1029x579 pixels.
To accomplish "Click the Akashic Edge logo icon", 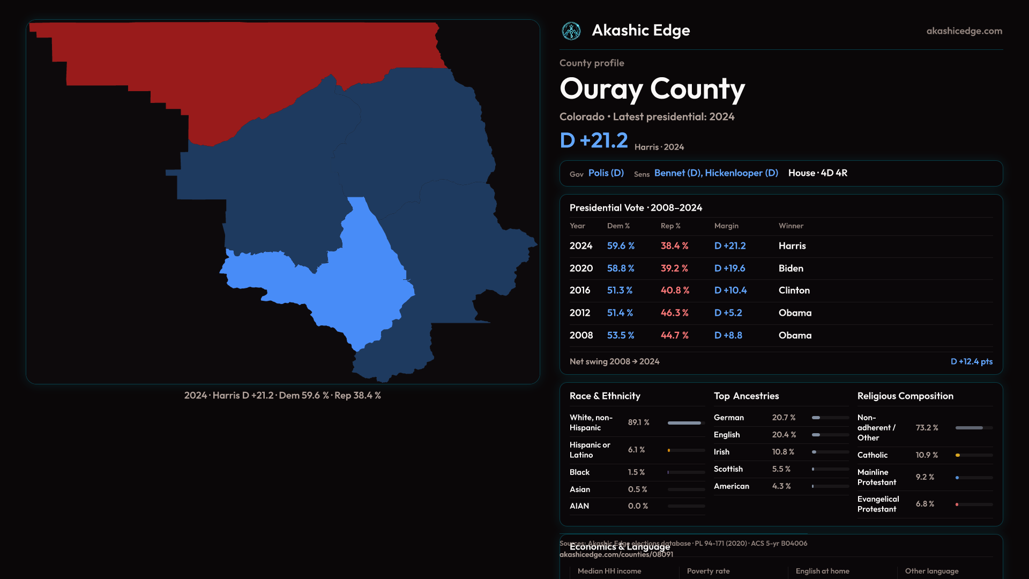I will click(571, 31).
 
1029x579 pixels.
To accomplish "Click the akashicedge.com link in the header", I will click(964, 31).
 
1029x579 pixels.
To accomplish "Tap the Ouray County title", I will click(652, 89).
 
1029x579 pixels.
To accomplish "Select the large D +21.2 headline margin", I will click(594, 140).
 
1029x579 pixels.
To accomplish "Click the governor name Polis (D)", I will click(606, 173).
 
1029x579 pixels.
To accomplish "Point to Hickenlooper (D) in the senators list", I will click(742, 173).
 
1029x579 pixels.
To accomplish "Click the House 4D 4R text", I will click(818, 173).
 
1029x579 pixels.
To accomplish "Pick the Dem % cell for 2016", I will click(620, 291).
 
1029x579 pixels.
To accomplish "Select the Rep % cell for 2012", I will click(674, 313).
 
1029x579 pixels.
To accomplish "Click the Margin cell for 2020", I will click(729, 269).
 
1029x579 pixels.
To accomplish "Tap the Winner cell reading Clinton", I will click(794, 291).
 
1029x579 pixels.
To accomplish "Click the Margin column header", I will click(726, 226).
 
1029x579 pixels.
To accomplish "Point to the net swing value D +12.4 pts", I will click(971, 362).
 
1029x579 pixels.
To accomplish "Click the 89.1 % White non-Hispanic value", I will click(638, 422).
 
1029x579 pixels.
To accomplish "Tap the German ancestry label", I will click(729, 418).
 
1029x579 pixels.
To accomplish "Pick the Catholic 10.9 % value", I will click(927, 455).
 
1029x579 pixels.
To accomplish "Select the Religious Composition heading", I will click(905, 396).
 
